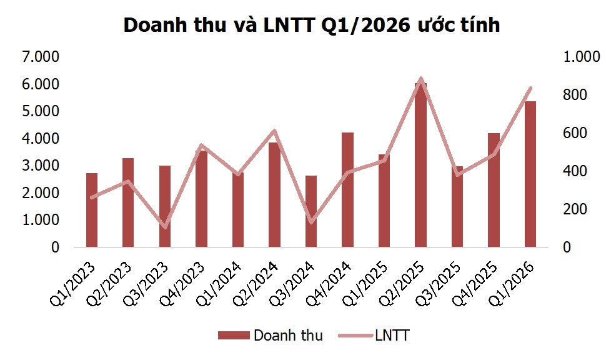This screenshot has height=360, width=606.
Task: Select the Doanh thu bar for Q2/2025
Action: pyautogui.click(x=420, y=166)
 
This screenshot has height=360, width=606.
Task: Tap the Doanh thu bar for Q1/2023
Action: pyautogui.click(x=92, y=210)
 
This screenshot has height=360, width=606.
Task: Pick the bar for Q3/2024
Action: pyautogui.click(x=311, y=211)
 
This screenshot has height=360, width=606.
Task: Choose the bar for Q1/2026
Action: pyautogui.click(x=530, y=174)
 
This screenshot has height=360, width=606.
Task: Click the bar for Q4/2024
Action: pyautogui.click(x=347, y=190)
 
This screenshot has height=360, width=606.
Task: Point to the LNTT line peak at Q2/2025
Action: pyautogui.click(x=420, y=79)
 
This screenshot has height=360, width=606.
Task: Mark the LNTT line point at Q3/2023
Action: pyautogui.click(x=165, y=227)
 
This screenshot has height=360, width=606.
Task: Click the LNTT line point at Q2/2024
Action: pyautogui.click(x=274, y=131)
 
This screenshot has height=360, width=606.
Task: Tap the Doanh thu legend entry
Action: pyautogui.click(x=271, y=336)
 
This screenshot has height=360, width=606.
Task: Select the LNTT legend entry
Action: pyautogui.click(x=374, y=336)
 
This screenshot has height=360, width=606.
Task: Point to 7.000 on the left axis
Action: pyautogui.click(x=40, y=57)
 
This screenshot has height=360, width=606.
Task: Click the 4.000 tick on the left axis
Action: pyautogui.click(x=40, y=139)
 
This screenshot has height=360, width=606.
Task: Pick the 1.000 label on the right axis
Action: pyautogui.click(x=581, y=57)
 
